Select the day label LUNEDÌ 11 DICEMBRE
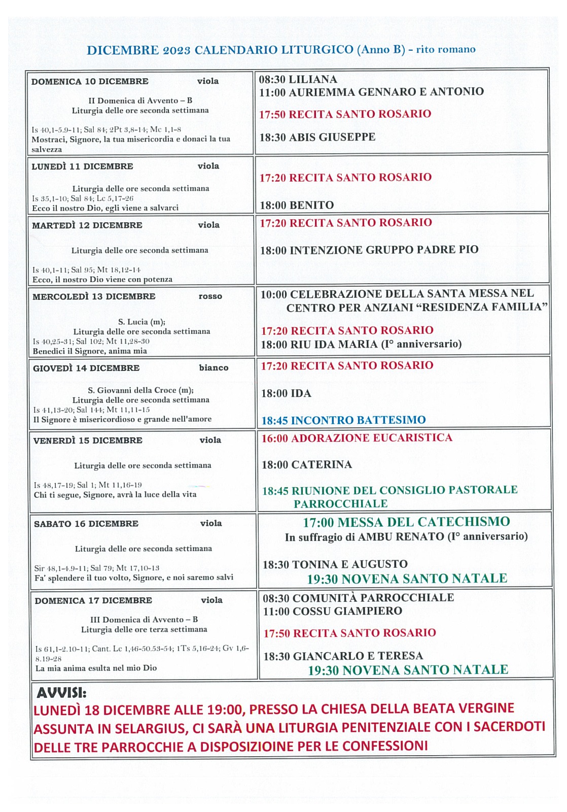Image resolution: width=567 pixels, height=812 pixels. point(82,166)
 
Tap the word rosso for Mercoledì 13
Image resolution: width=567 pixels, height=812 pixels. point(210,296)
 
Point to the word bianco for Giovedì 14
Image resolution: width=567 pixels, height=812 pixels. point(214,368)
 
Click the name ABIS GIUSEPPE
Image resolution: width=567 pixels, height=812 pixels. point(332,137)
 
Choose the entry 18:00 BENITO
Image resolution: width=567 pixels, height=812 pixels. point(297,206)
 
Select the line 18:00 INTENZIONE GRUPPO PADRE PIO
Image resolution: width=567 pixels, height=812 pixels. point(369,250)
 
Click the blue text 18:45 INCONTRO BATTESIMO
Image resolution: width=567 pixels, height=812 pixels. point(343,420)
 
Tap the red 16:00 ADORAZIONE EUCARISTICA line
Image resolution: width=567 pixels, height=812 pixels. point(357,438)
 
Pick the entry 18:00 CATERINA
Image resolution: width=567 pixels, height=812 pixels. point(306,465)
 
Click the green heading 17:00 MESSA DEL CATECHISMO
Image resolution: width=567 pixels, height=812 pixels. point(406,522)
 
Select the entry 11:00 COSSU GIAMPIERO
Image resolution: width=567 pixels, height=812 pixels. point(332,612)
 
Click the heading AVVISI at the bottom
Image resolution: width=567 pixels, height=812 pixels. point(61,692)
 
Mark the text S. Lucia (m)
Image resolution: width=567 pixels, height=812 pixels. point(141,322)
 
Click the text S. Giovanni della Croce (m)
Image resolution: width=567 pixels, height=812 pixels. point(140,390)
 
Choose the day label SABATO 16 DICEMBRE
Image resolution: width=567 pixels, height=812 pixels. point(86,524)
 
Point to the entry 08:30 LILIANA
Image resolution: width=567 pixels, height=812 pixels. point(298,80)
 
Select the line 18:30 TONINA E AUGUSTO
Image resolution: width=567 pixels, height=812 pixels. point(335,564)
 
